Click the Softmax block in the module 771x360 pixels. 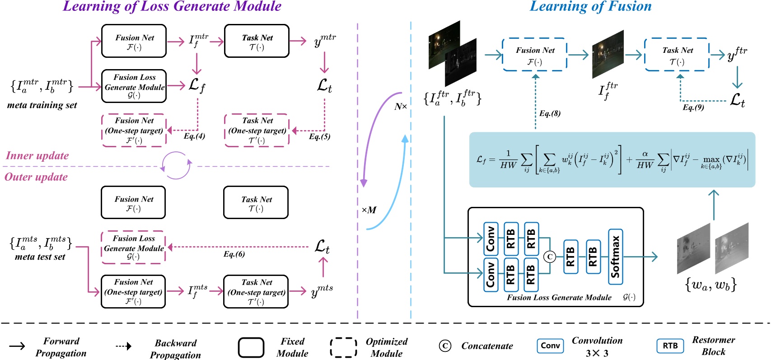[x=615, y=257]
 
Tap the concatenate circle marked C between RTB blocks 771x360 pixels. [x=550, y=257]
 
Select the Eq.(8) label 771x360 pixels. [x=550, y=113]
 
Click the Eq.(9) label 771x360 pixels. [x=693, y=108]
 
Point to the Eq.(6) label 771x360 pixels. [x=234, y=254]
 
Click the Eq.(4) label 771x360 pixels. [x=194, y=136]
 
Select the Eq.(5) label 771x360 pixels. [x=319, y=136]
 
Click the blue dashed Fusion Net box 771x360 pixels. [x=535, y=55]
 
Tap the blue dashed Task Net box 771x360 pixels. [x=677, y=55]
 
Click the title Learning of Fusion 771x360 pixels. [x=590, y=6]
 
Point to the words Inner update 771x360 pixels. [x=37, y=156]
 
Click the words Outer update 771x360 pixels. [x=36, y=177]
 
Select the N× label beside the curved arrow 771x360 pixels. [x=400, y=107]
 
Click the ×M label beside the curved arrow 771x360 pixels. [x=369, y=210]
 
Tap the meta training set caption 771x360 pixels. [x=42, y=105]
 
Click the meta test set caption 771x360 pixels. [x=40, y=257]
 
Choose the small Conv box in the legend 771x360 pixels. [x=550, y=346]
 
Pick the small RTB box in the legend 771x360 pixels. [x=670, y=346]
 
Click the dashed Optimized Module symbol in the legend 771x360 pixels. [x=343, y=347]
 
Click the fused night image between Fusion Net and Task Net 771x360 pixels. [x=607, y=55]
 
